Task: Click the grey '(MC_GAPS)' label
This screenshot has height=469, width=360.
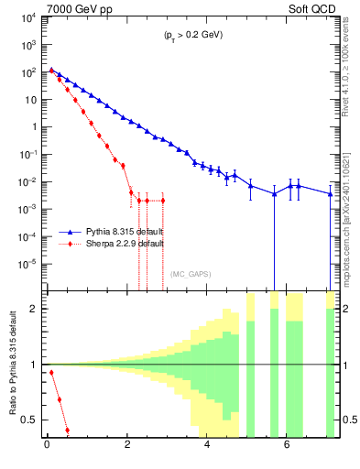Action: [191, 273]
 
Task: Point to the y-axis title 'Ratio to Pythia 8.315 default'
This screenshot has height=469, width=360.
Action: [12, 364]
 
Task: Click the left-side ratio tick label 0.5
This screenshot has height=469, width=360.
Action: [32, 420]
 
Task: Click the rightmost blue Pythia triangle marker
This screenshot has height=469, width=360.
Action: [331, 193]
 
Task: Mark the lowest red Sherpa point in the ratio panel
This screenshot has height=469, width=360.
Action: [67, 430]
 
